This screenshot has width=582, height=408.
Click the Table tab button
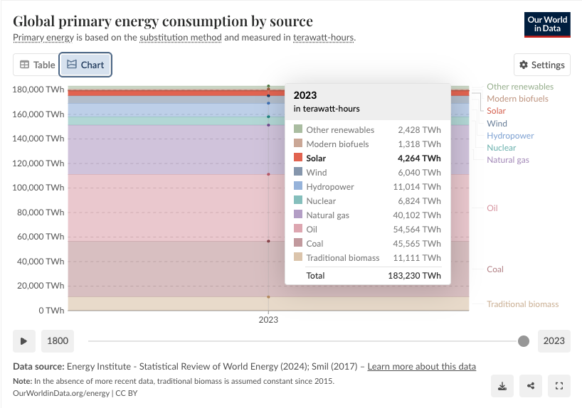click(36, 65)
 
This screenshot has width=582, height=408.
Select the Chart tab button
click(85, 65)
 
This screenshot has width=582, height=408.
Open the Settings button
click(542, 65)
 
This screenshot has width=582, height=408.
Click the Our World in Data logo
click(546, 25)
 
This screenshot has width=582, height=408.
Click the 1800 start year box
click(58, 340)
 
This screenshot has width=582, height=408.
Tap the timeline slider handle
click(524, 341)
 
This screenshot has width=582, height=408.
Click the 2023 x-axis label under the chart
click(268, 320)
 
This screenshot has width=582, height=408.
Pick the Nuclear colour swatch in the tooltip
click(298, 201)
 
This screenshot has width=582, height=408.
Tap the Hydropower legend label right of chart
click(509, 136)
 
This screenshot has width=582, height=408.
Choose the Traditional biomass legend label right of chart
click(522, 304)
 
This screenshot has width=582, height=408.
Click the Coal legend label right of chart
click(494, 269)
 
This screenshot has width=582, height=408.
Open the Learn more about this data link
click(421, 367)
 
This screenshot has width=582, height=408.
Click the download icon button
click(502, 386)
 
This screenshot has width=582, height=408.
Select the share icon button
click(531, 386)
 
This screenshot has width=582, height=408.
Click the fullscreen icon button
click(559, 386)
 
